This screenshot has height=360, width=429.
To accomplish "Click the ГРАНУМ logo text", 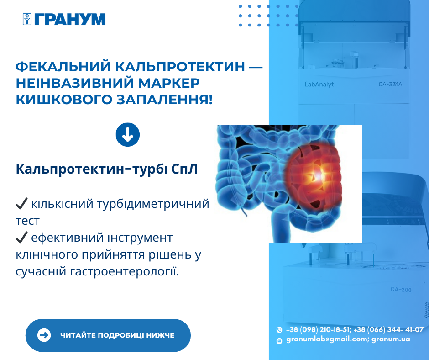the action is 70,19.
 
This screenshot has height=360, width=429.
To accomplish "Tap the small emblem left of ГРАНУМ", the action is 27,19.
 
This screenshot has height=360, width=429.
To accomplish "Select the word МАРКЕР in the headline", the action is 169,83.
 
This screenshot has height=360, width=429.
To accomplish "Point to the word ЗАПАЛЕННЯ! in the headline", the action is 165,100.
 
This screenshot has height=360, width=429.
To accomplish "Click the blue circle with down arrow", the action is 127,134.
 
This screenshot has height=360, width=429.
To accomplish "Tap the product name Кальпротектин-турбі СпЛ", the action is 107,169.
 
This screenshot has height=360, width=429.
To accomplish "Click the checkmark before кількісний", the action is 21,204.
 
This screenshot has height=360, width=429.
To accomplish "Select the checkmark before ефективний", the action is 21,238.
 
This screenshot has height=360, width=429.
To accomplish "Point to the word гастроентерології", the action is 125,272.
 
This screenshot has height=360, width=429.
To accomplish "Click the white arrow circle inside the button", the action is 44,335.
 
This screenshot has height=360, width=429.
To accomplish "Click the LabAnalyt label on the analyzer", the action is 319,85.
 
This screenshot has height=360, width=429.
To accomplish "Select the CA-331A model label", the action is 390,85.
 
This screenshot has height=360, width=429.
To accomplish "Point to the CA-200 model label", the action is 401,290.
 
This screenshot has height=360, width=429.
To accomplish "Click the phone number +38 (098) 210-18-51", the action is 319,329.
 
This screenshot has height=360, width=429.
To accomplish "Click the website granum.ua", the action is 391,339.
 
